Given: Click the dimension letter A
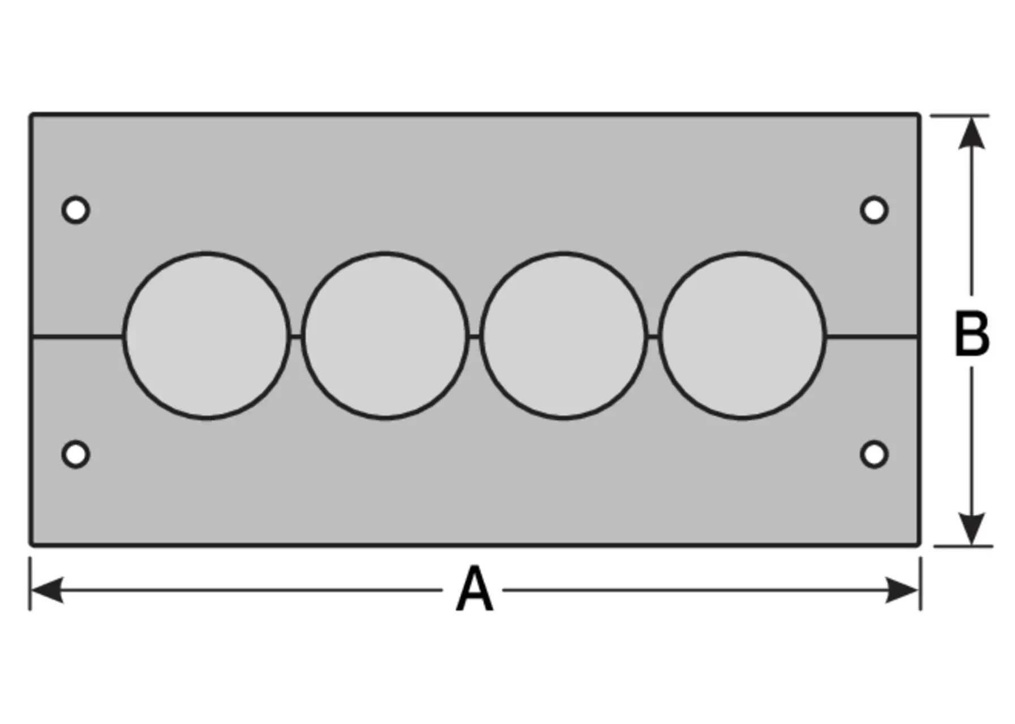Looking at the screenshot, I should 474,591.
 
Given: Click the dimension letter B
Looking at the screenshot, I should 971,334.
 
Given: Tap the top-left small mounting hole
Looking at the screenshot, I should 76,210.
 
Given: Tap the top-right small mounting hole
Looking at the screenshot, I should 874,210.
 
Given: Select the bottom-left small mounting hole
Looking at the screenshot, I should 76,454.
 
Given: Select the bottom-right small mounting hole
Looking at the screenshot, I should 874,454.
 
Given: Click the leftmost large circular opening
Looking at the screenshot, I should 206,335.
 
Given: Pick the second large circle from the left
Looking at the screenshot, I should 385,335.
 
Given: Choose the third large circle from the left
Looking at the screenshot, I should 564,335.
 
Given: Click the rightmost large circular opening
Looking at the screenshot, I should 742,335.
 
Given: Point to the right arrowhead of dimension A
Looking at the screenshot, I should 902,591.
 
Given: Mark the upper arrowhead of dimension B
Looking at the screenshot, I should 971,133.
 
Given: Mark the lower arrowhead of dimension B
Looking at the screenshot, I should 971,528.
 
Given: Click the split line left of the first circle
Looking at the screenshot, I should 77,337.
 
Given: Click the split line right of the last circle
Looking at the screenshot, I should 872,337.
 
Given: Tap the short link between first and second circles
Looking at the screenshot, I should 295,337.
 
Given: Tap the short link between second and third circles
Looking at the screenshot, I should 474,337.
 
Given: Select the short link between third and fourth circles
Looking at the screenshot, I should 653,337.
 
